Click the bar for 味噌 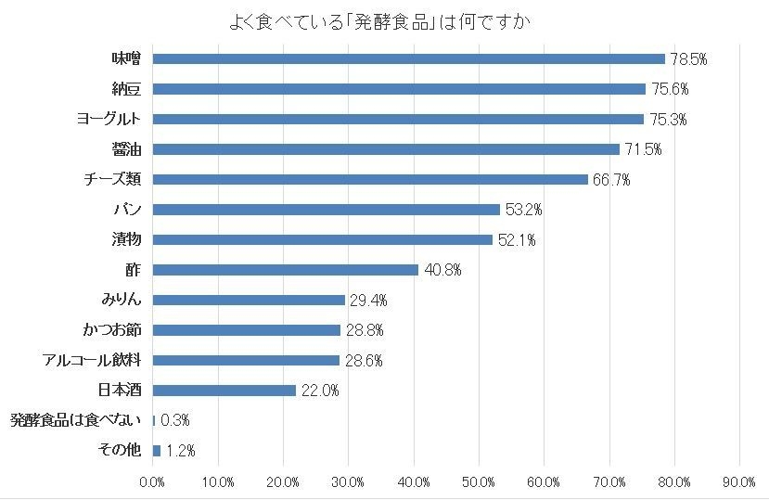click(408, 59)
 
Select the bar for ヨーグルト click(398, 120)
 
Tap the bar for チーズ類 click(370, 179)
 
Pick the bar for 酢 click(285, 270)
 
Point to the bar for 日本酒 click(224, 391)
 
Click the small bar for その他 click(157, 451)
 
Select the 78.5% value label click(689, 59)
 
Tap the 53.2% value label click(523, 210)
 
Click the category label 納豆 click(125, 89)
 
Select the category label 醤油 click(125, 149)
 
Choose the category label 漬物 click(125, 239)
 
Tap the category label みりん click(121, 300)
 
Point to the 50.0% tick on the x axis click(479, 481)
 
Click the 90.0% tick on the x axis click(739, 481)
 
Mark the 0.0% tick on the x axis click(152, 481)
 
